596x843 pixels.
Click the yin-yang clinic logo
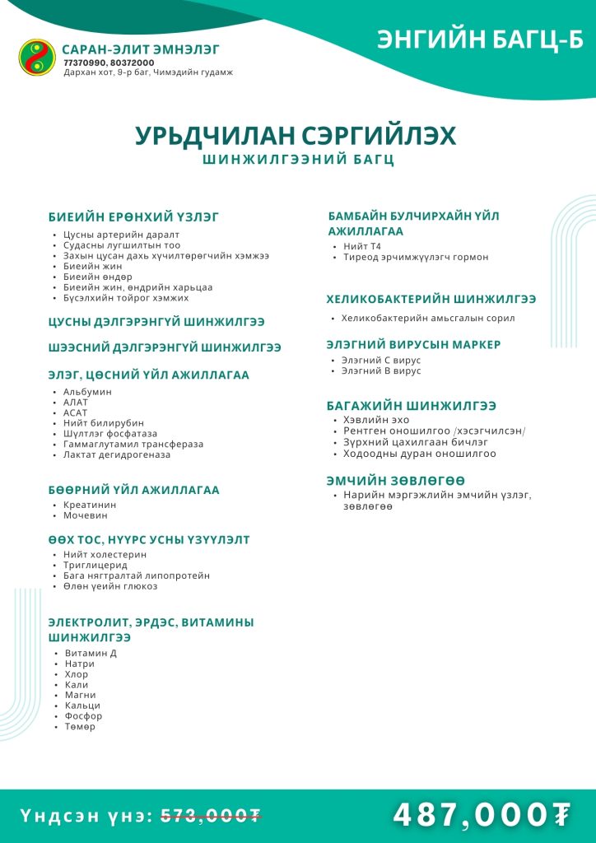[37, 57]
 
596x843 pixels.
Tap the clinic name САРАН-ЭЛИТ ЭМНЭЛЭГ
[141, 49]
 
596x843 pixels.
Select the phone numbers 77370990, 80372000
[109, 63]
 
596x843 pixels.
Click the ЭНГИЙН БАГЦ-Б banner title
[480, 40]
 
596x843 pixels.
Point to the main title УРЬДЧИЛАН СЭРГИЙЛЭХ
[296, 136]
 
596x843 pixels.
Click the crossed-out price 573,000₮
[211, 816]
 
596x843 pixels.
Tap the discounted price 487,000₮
[482, 815]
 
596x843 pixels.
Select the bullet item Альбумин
[87, 392]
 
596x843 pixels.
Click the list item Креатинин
[90, 505]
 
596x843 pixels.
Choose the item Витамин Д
[91, 654]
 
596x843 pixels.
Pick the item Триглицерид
[95, 566]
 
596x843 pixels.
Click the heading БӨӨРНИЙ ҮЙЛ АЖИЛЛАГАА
[134, 490]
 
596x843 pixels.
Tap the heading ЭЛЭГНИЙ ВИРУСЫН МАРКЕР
[425, 344]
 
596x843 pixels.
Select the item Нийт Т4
[362, 246]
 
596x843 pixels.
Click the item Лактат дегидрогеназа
[117, 454]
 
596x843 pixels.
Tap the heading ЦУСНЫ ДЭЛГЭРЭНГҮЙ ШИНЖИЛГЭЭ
[156, 321]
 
